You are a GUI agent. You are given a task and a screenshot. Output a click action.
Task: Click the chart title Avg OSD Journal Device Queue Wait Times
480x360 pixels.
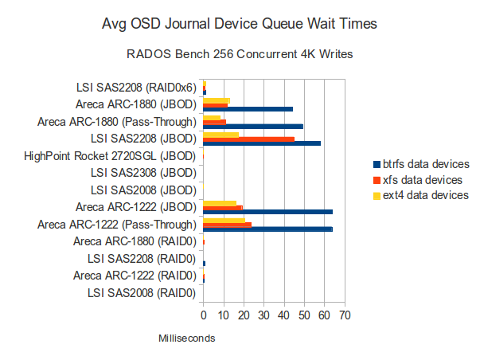[240, 25]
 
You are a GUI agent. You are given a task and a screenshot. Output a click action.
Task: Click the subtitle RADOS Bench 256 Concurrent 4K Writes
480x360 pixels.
[240, 55]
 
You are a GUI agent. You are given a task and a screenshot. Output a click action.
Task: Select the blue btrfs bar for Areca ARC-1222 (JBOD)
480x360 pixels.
[267, 212]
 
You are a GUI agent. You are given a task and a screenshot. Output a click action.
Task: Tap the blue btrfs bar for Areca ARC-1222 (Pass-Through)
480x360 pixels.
[267, 229]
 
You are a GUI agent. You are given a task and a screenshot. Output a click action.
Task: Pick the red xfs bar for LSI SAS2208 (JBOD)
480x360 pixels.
[248, 139]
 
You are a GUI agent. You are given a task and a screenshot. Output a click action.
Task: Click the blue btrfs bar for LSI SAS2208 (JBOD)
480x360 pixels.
[262, 143]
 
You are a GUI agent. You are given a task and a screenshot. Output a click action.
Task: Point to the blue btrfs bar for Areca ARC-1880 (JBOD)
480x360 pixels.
[248, 108]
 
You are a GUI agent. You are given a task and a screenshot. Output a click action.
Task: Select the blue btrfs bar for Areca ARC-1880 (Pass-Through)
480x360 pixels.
[253, 126]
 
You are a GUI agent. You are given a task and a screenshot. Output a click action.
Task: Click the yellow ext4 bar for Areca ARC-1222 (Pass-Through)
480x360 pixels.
[224, 219]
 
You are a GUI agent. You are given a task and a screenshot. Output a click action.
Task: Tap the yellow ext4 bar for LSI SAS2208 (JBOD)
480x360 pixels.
[220, 134]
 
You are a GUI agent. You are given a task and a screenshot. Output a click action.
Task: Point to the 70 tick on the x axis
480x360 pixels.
[344, 316]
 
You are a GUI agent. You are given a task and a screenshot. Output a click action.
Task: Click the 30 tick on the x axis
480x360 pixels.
[263, 316]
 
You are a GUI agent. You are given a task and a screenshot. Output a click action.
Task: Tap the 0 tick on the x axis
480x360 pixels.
[204, 316]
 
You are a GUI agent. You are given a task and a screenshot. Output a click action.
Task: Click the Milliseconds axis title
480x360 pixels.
[187, 338]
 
